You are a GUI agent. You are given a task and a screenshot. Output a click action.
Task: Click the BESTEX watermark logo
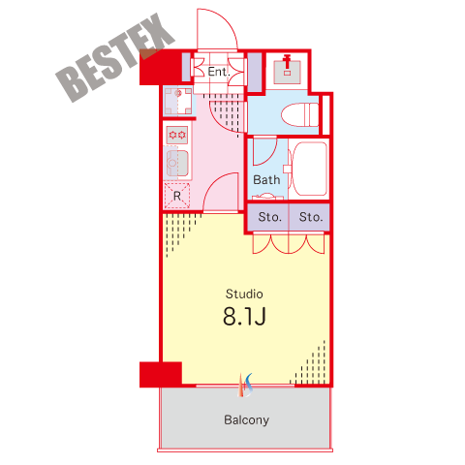tap(115, 57)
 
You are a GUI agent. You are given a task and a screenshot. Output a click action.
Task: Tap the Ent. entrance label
tap(219, 72)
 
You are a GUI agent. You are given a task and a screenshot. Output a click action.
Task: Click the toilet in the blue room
tap(299, 115)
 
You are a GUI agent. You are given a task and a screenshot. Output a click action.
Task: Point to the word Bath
tap(266, 180)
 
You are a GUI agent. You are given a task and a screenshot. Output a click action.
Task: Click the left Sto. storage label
tap(269, 217)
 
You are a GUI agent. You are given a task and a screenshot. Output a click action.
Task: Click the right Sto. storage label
tap(311, 217)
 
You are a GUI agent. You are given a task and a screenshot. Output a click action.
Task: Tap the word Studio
tap(244, 294)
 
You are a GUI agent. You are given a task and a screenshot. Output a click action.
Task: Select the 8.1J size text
tap(244, 316)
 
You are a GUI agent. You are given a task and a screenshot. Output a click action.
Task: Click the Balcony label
tap(247, 419)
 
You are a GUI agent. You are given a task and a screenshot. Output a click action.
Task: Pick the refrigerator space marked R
tap(177, 196)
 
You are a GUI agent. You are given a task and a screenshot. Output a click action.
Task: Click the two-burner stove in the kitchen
tap(177, 135)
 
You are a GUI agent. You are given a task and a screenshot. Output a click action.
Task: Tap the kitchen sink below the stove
tap(177, 163)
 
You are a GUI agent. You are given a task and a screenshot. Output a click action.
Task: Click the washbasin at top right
tap(287, 69)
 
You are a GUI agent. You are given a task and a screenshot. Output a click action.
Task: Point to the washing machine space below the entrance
tap(178, 101)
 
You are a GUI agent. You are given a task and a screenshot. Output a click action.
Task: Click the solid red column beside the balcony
tap(161, 374)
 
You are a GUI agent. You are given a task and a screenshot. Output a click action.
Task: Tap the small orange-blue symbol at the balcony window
tap(245, 386)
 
